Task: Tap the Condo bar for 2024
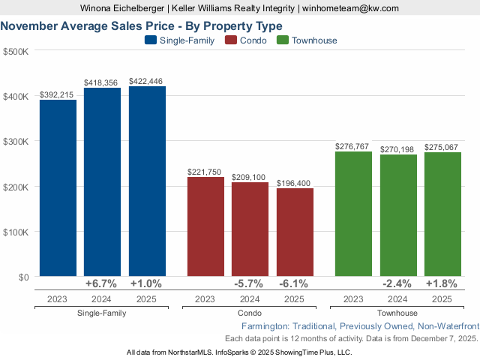(x=250, y=229)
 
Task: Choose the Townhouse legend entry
(x=307, y=40)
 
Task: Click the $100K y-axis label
(x=16, y=232)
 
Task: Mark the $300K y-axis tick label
(x=16, y=142)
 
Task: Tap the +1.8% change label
(x=442, y=284)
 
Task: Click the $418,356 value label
(x=102, y=82)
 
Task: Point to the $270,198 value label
(x=397, y=149)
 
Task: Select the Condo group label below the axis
(x=250, y=313)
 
